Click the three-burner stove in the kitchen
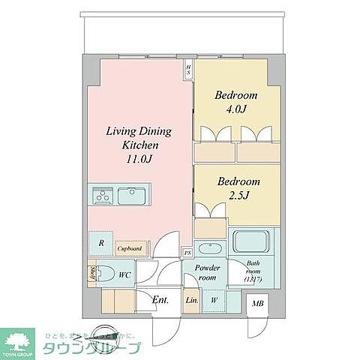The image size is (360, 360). click(103, 196)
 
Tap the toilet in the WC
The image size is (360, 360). click(106, 274)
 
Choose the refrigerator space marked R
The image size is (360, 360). click(100, 243)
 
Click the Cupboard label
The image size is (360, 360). click(130, 247)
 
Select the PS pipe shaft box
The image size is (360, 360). click(187, 253)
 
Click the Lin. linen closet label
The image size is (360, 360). click(191, 301)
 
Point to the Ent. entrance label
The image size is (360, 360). click(160, 301)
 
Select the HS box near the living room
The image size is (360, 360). click(188, 70)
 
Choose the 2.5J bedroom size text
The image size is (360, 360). click(238, 195)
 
